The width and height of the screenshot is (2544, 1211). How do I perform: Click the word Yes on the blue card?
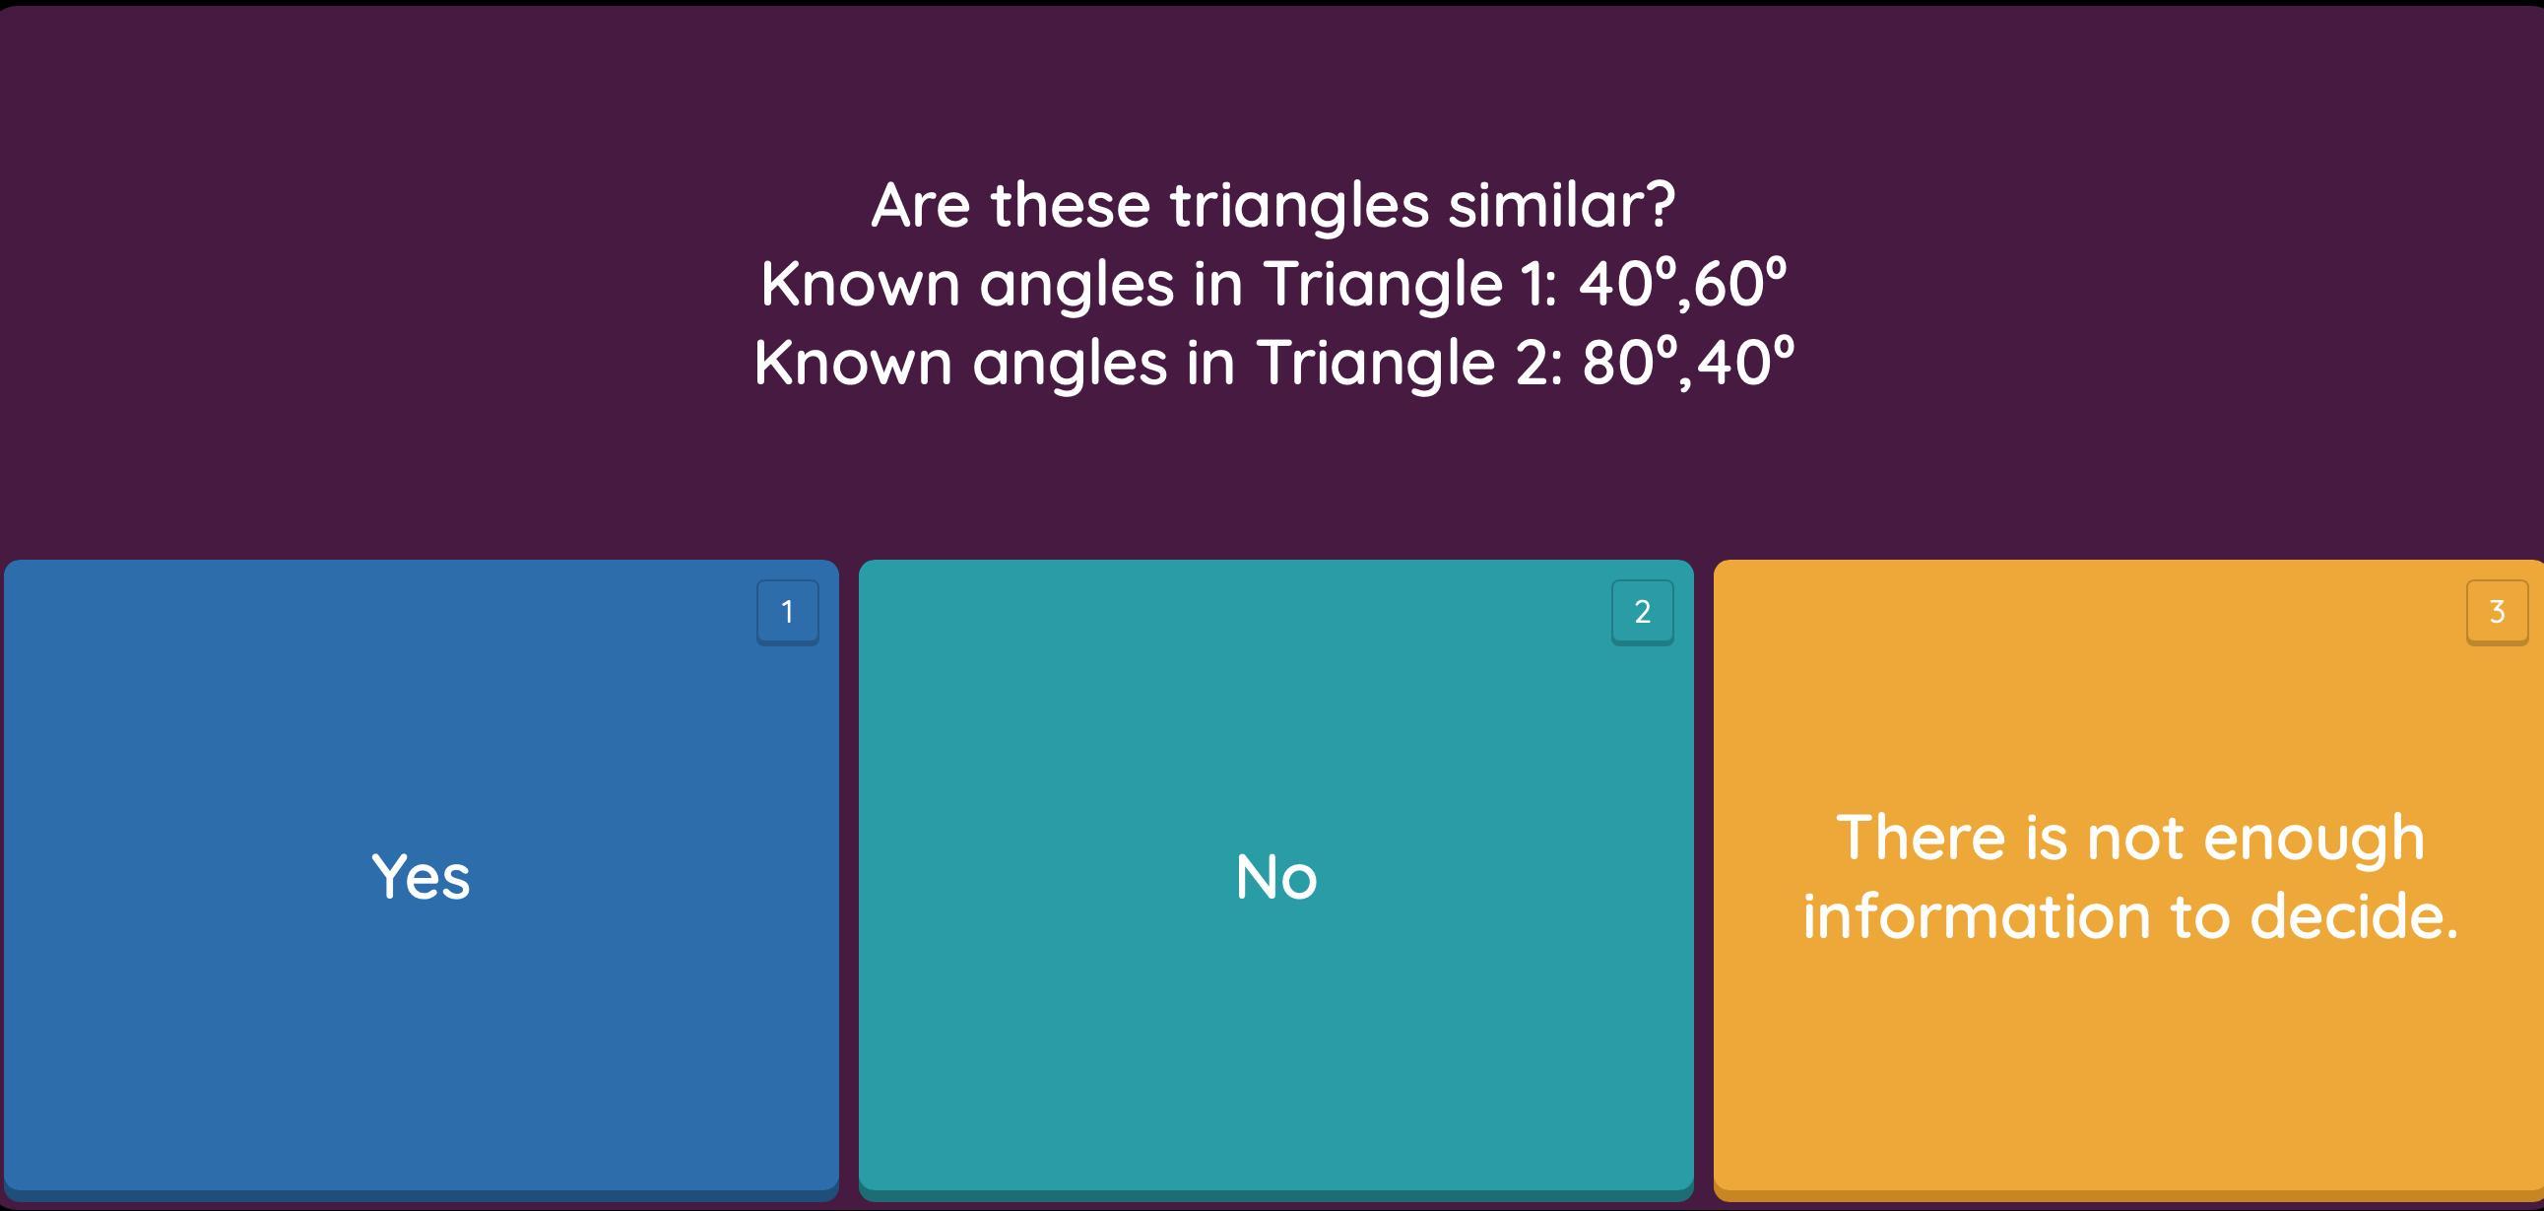pos(421,876)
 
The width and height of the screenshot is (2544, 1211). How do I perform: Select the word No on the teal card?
pos(1276,876)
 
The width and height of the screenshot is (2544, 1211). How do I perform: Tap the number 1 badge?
pos(787,613)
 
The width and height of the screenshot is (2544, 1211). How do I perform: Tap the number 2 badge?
pos(1643,613)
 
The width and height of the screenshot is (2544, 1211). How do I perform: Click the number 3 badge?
pos(2497,613)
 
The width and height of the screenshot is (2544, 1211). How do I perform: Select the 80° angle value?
pos(1629,362)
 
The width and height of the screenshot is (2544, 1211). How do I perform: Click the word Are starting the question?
pos(921,206)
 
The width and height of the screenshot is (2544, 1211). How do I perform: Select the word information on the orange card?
pos(1976,915)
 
